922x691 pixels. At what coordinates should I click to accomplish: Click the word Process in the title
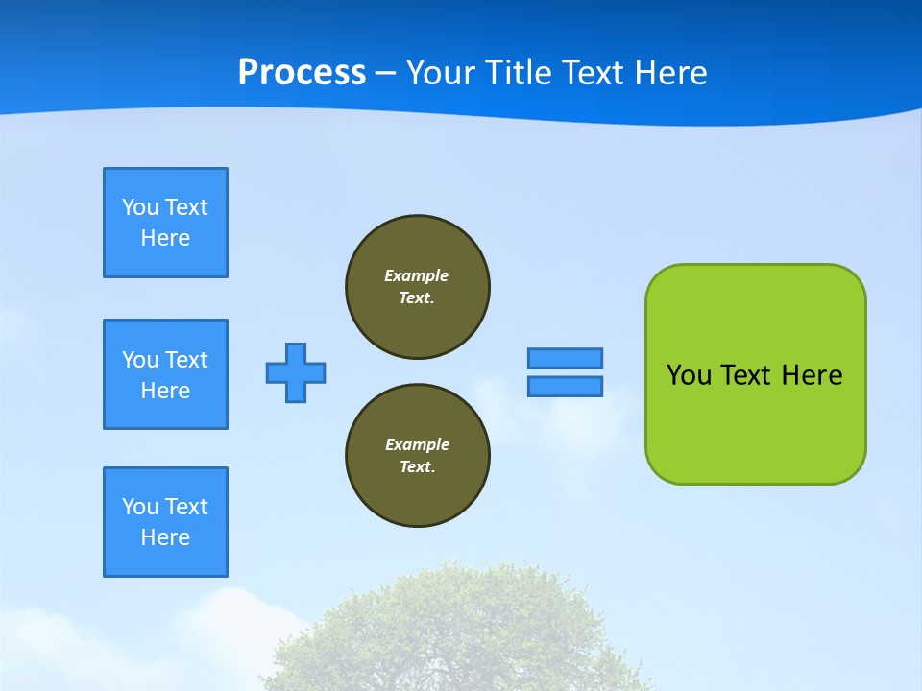[x=302, y=73]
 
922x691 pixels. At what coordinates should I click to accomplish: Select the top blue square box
[x=165, y=223]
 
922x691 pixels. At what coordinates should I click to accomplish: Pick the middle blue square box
[x=165, y=374]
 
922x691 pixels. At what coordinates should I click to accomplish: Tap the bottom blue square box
[x=165, y=522]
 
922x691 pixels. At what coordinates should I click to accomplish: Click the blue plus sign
[x=296, y=372]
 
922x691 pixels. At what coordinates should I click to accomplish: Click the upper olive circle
[x=418, y=287]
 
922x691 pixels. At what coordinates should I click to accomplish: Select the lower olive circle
[x=418, y=456]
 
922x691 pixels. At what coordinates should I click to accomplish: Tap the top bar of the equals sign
[x=565, y=358]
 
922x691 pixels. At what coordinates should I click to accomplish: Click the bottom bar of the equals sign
[x=565, y=387]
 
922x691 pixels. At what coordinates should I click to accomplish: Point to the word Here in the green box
[x=812, y=375]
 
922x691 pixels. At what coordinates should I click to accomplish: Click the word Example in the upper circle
[x=416, y=275]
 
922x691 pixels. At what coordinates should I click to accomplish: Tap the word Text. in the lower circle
[x=417, y=467]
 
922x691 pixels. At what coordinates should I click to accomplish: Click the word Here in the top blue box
[x=165, y=238]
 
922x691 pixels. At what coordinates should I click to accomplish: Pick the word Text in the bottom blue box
[x=186, y=507]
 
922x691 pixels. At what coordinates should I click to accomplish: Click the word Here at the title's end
[x=672, y=73]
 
